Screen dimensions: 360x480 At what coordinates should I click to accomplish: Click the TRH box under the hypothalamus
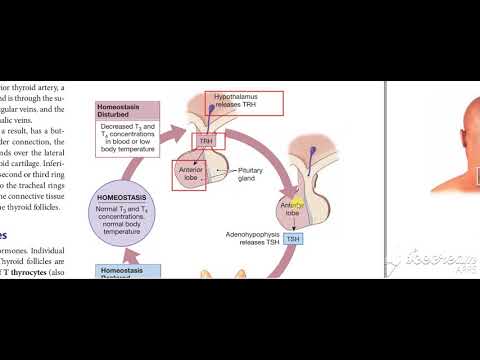[x=207, y=141]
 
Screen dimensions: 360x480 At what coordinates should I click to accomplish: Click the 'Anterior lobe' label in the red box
[x=191, y=174]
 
